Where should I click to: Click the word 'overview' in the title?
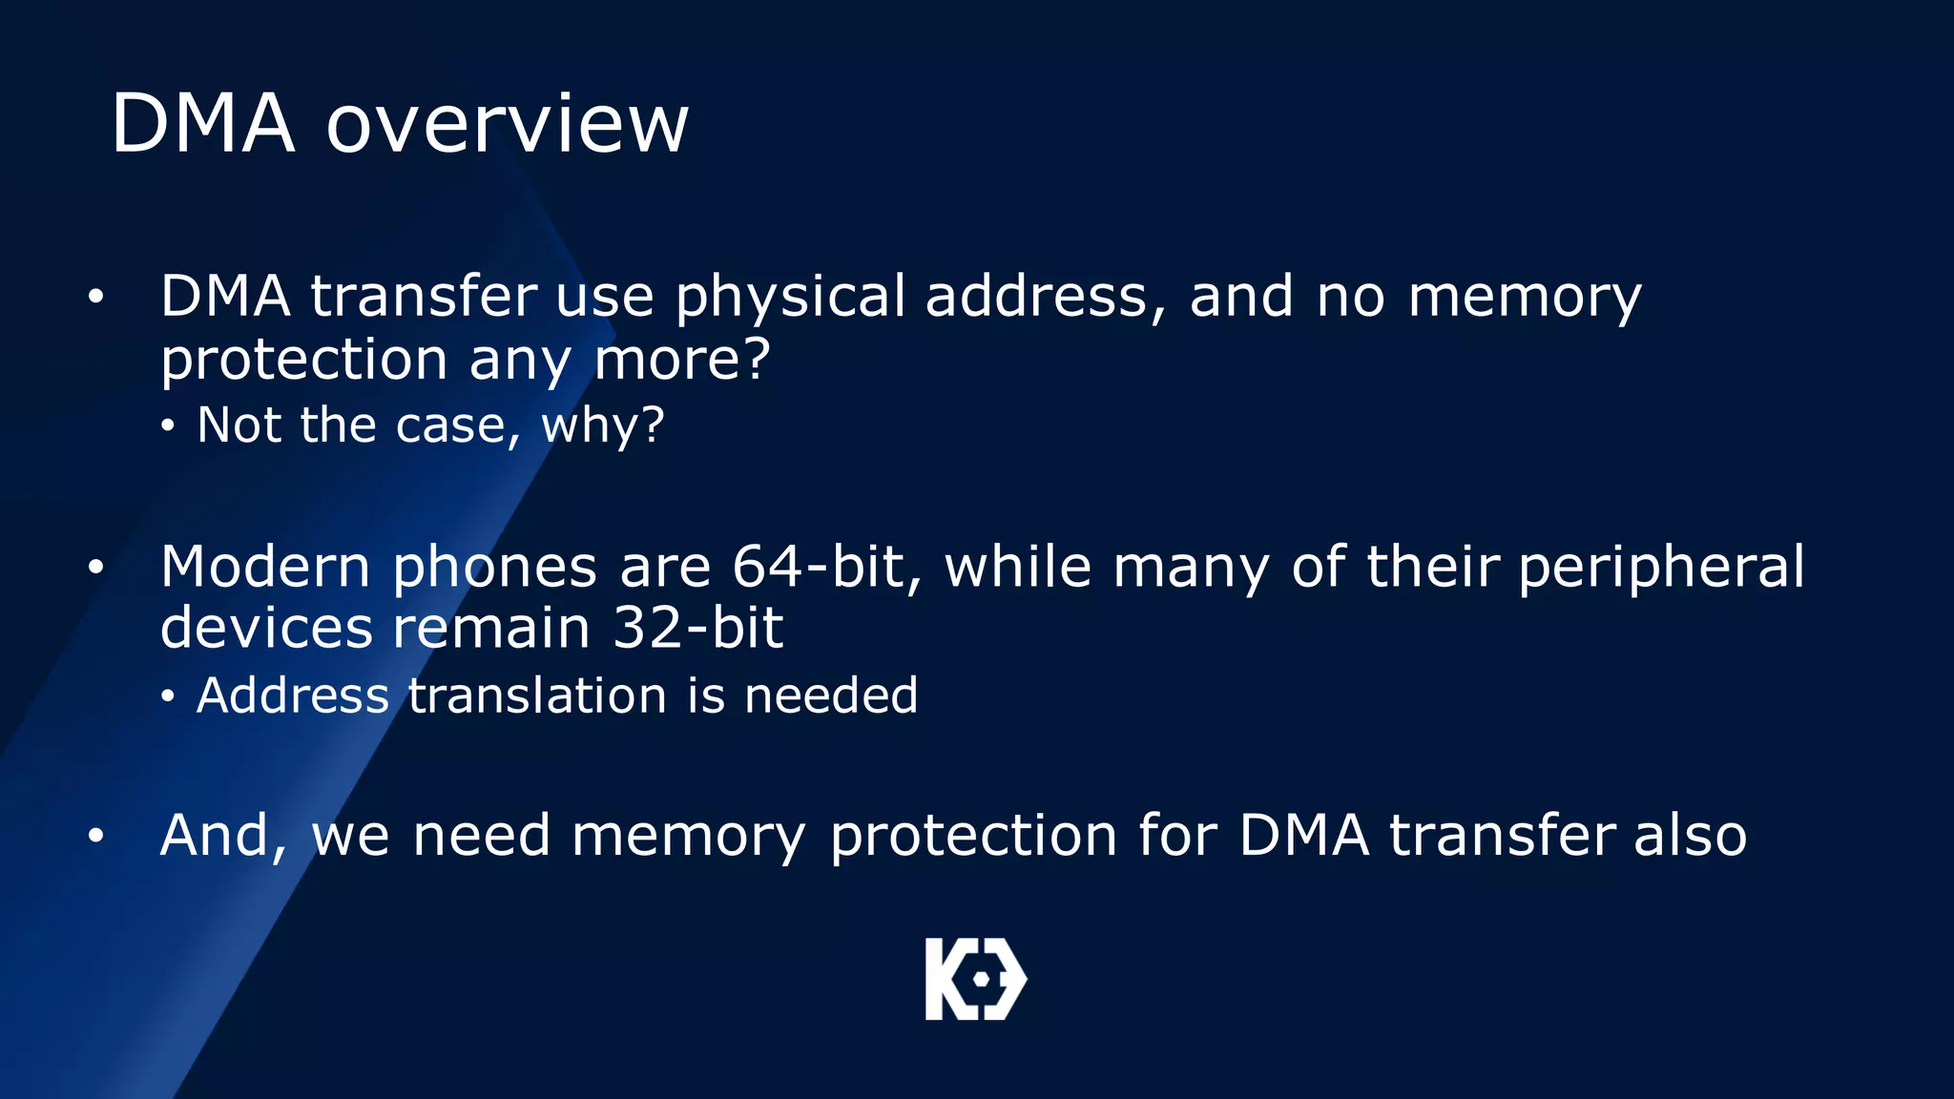point(507,124)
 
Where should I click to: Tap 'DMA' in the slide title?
point(202,124)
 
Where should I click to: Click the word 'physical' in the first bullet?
point(790,298)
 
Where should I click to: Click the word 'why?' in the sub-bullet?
point(602,425)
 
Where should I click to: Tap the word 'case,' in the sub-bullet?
point(458,425)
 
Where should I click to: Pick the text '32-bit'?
point(697,629)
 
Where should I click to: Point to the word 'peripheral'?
point(1661,569)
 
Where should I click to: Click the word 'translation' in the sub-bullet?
point(537,695)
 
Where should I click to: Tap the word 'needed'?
point(830,695)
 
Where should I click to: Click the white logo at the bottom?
point(975,979)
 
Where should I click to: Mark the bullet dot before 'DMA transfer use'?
point(95,298)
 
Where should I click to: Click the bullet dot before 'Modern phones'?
point(95,569)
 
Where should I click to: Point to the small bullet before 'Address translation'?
point(168,697)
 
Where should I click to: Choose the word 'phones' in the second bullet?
point(494,569)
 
